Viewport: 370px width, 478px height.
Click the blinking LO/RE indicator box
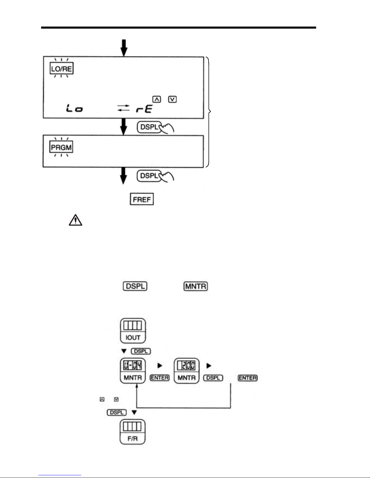point(62,69)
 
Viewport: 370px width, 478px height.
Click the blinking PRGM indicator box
point(62,148)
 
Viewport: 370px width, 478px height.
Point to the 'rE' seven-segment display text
point(144,109)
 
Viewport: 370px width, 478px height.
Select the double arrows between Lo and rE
point(124,108)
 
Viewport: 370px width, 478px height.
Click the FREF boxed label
point(142,199)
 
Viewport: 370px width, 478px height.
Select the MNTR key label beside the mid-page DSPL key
point(196,286)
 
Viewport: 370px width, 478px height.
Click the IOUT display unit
point(133,331)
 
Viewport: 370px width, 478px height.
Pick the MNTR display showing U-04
point(133,371)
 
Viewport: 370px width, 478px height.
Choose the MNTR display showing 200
point(187,371)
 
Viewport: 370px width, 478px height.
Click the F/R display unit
point(133,432)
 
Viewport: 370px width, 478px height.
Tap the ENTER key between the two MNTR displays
point(160,378)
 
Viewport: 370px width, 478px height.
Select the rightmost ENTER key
point(248,378)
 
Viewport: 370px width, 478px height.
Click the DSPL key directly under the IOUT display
point(141,351)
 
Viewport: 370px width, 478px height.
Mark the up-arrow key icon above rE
point(156,99)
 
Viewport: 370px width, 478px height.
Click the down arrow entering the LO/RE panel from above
point(124,48)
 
